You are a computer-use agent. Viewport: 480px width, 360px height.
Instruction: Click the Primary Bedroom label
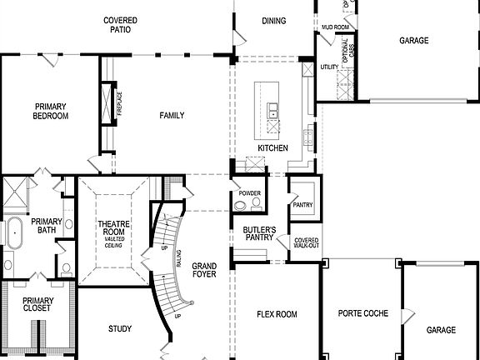click(51, 111)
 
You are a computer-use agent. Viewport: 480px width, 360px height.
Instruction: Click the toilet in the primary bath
click(67, 268)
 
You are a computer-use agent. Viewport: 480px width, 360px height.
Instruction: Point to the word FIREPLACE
click(119, 102)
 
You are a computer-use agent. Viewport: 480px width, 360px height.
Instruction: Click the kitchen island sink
click(272, 109)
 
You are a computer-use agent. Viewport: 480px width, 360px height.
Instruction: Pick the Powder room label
click(249, 193)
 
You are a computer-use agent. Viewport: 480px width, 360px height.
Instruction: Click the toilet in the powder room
click(257, 203)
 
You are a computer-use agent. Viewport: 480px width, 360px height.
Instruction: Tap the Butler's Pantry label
click(259, 232)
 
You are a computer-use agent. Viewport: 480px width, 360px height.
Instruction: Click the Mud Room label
click(334, 27)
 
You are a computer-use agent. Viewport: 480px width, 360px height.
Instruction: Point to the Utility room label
click(328, 66)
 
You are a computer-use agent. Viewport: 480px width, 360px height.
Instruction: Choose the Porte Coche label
click(361, 314)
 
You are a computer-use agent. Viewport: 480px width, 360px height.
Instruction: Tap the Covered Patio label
click(121, 24)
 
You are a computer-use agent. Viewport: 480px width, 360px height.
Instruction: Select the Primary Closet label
click(37, 304)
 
